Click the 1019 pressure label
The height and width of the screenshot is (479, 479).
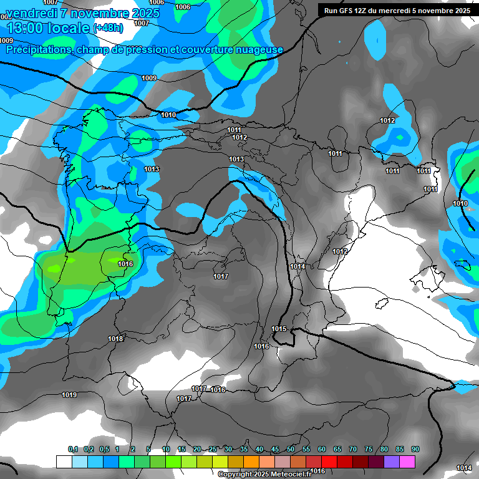pyautogui.click(x=69, y=395)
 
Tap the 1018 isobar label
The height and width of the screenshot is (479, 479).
pyautogui.click(x=115, y=339)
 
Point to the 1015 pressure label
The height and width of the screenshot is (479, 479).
pyautogui.click(x=279, y=329)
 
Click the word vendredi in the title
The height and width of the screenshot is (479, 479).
pyautogui.click(x=31, y=13)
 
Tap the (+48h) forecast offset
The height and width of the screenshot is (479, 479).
pyautogui.click(x=108, y=28)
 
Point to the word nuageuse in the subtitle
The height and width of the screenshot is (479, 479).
pyautogui.click(x=258, y=49)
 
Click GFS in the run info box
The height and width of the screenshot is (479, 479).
pyautogui.click(x=346, y=11)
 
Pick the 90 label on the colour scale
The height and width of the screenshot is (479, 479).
pyautogui.click(x=415, y=449)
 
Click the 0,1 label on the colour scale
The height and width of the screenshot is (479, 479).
pyautogui.click(x=73, y=449)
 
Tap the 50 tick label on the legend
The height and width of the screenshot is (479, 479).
pyautogui.click(x=291, y=449)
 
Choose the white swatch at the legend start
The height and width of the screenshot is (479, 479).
pyautogui.click(x=64, y=462)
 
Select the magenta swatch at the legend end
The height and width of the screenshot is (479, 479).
pyautogui.click(x=408, y=462)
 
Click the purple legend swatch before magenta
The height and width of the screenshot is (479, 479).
pyautogui.click(x=392, y=462)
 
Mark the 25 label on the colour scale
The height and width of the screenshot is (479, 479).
pyautogui.click(x=213, y=449)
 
